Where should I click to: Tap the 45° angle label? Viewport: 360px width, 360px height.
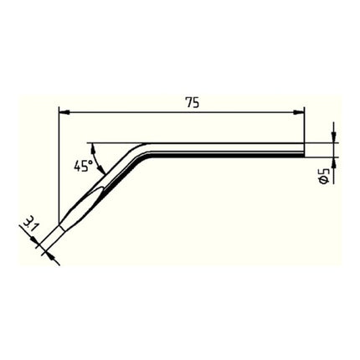tap(82, 166)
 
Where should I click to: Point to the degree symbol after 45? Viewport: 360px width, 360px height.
tap(90, 162)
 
